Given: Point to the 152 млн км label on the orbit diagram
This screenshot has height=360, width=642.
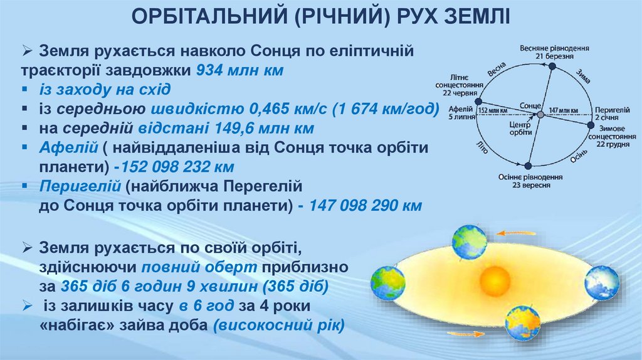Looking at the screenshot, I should click(493, 110).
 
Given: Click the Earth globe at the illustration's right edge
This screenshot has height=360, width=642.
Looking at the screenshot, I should click(601, 283).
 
